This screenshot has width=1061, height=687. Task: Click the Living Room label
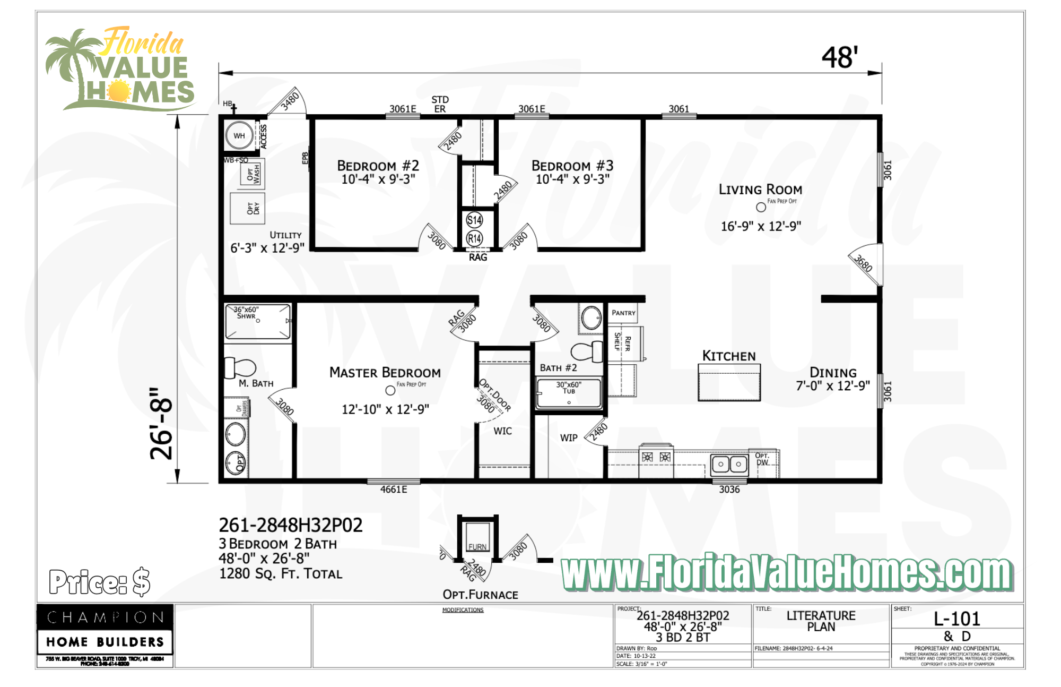pyautogui.click(x=760, y=190)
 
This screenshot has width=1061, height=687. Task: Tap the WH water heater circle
pyautogui.click(x=239, y=136)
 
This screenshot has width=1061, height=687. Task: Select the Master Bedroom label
pyautogui.click(x=385, y=373)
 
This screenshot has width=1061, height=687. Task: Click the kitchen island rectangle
pyautogui.click(x=729, y=383)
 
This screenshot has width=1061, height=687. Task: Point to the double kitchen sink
pyautogui.click(x=729, y=464)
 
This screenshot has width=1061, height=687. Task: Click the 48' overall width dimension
pyautogui.click(x=839, y=57)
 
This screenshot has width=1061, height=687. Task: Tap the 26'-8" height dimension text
pyautogui.click(x=161, y=423)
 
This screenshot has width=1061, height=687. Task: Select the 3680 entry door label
pyautogui.click(x=863, y=263)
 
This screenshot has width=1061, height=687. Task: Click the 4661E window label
pyautogui.click(x=394, y=490)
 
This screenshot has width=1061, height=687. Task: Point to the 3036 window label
pyautogui.click(x=729, y=490)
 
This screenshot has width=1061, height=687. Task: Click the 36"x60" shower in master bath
pyautogui.click(x=258, y=321)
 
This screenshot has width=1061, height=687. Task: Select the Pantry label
pyautogui.click(x=623, y=313)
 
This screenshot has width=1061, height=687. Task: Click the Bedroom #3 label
pyautogui.click(x=572, y=166)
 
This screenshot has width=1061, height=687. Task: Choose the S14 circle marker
pyautogui.click(x=474, y=220)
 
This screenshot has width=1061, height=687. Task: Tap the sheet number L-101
pyautogui.click(x=956, y=619)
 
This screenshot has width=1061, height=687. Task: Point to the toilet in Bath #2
pyautogui.click(x=586, y=351)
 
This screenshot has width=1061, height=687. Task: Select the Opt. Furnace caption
pyautogui.click(x=480, y=595)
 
